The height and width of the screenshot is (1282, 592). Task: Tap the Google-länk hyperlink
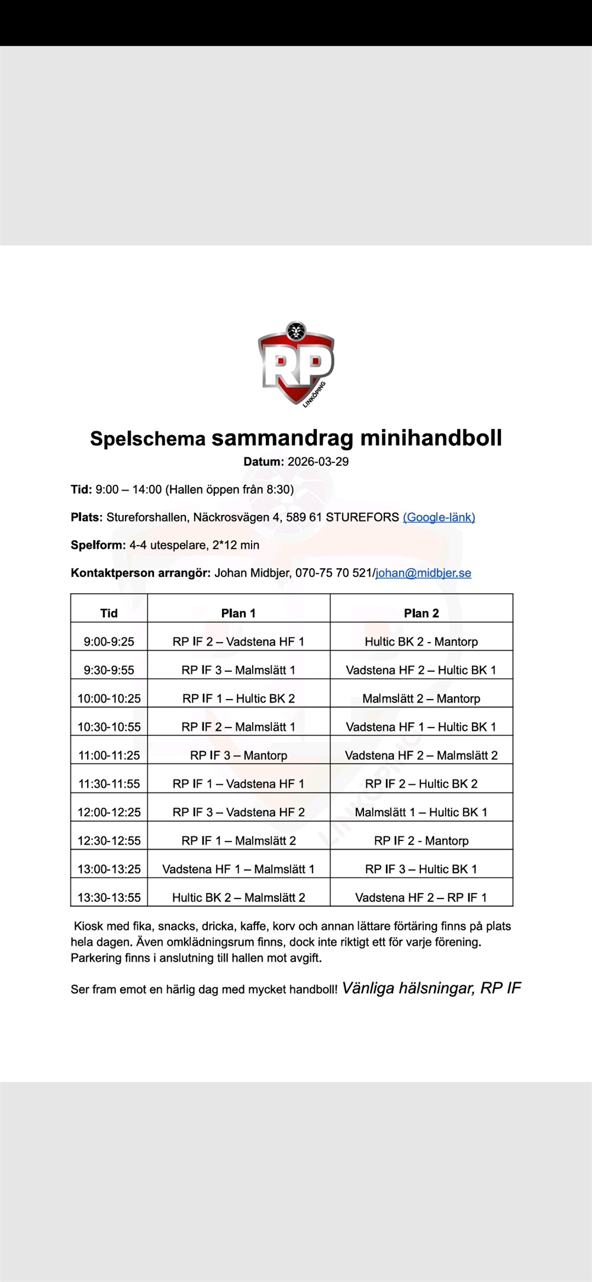439,517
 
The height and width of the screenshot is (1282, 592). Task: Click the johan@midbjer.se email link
423,573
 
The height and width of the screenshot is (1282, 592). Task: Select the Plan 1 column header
239,613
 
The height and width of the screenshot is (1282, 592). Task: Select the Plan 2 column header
422,613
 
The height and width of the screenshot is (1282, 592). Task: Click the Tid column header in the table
109,613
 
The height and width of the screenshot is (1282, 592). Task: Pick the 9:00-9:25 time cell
109,642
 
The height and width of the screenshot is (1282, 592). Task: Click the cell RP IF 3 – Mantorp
239,755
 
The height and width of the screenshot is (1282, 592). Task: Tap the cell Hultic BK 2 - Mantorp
422,642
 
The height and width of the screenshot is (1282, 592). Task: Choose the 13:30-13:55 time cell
109,897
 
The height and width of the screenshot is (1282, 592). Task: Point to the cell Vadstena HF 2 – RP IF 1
422,897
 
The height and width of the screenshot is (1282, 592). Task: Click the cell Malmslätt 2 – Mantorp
422,698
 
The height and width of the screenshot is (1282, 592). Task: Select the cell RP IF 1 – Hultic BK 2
239,698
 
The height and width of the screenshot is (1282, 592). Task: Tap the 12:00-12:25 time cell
109,812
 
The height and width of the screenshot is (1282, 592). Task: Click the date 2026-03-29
318,462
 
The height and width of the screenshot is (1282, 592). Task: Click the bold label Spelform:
98,545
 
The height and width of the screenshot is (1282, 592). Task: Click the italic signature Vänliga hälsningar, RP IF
432,988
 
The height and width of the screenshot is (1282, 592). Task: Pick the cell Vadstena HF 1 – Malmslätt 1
239,869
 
